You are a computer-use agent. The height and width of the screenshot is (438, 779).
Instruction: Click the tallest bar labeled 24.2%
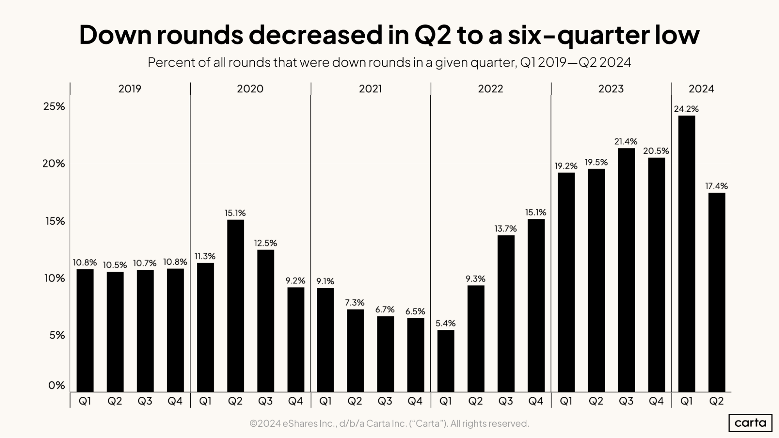point(686,253)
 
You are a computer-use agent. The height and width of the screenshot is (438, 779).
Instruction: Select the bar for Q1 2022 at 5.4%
point(445,361)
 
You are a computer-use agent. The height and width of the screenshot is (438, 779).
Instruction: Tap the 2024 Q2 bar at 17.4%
point(716,292)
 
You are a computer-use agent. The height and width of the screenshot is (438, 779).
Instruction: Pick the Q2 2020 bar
point(235,306)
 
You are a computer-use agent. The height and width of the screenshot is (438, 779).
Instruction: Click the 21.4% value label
point(626,142)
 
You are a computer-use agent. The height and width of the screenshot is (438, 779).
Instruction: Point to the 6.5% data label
point(415,311)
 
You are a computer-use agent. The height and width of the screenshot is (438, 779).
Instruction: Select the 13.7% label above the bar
point(505,229)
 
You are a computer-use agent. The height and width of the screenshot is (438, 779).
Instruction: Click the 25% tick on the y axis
point(54,107)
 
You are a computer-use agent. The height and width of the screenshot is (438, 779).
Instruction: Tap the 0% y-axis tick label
point(57,385)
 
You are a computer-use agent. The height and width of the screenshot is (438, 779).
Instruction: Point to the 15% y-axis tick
point(55,221)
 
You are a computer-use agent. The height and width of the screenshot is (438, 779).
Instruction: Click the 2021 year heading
point(370,89)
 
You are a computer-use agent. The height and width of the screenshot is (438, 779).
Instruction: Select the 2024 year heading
point(701,89)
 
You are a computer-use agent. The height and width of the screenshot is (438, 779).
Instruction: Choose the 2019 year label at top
point(130,89)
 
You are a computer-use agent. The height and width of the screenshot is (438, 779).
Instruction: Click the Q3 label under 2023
point(626,401)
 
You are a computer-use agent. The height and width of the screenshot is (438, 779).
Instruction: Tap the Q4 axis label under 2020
point(295,401)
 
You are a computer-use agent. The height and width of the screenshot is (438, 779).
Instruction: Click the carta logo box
point(750,423)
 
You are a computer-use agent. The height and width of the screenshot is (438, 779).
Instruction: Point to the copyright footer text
point(389,423)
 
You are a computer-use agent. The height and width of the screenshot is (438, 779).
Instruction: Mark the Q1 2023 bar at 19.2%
point(566,282)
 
